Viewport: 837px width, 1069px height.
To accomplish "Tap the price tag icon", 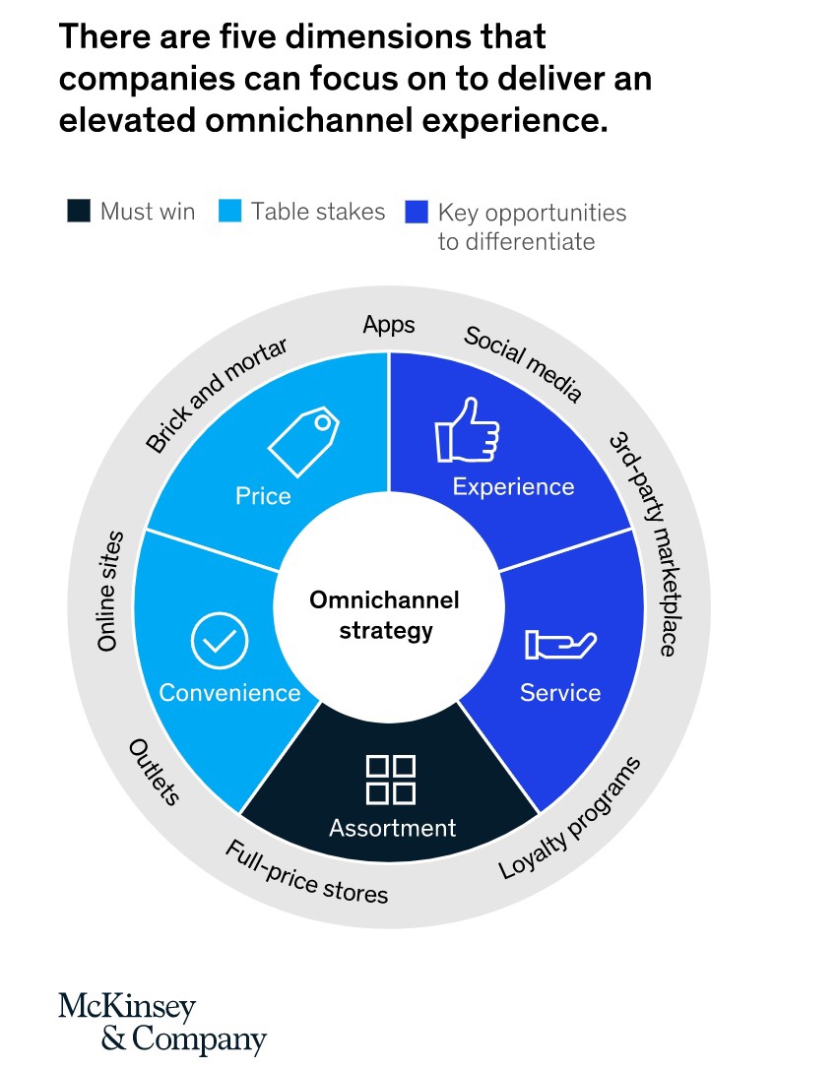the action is click(x=303, y=440).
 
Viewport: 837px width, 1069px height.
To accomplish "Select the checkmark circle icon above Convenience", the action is click(x=220, y=640).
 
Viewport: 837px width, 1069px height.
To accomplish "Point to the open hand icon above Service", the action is click(x=560, y=645).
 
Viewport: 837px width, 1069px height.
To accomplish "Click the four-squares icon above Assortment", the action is click(x=391, y=780).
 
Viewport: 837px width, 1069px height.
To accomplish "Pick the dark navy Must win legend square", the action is click(x=79, y=211).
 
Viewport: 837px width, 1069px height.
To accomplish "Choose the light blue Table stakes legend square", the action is click(x=229, y=211).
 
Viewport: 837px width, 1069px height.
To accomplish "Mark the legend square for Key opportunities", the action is click(x=417, y=212).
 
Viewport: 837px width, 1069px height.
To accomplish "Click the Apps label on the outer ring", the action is click(x=389, y=325).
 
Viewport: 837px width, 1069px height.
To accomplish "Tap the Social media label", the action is click(x=523, y=363).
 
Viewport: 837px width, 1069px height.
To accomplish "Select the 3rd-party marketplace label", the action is click(x=645, y=542).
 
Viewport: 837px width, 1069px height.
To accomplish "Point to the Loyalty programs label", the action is click(x=570, y=817).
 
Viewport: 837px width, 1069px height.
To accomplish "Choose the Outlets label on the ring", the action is click(x=155, y=772).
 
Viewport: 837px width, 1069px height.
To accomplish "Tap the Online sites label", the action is click(x=110, y=591).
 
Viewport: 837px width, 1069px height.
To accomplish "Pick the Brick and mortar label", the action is click(x=217, y=395).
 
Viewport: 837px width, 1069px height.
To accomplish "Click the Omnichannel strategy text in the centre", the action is click(x=385, y=615).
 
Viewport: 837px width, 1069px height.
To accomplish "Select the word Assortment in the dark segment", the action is click(x=392, y=828).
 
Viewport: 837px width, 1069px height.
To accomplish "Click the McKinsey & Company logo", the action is click(x=162, y=1024).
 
